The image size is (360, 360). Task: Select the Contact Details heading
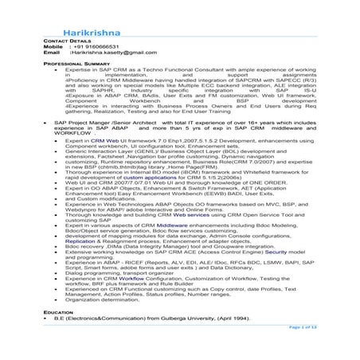click(x=67, y=39)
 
